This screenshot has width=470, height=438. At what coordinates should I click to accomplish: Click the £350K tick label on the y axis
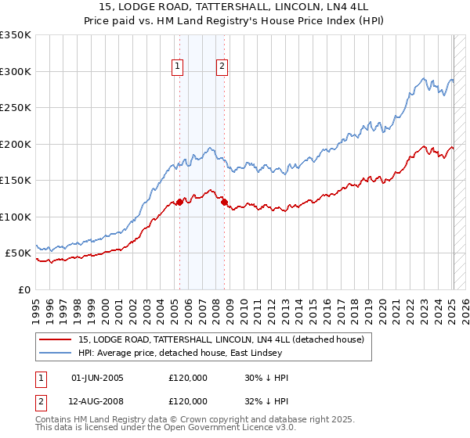point(15,35)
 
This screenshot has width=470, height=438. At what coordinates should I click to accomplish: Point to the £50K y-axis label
point(18,253)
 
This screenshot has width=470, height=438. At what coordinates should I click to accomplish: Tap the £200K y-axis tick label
point(15,144)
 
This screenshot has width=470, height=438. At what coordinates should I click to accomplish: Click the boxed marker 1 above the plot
point(179,66)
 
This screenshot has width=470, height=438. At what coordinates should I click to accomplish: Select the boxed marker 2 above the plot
point(222,66)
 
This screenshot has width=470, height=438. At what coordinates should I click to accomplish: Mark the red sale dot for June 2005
point(179,202)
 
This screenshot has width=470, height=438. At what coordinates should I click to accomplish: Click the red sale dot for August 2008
point(224,202)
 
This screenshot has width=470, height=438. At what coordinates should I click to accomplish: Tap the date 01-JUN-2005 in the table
point(97,378)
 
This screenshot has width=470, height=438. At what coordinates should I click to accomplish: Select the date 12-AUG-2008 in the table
point(98,401)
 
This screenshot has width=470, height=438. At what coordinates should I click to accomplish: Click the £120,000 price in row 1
point(188,378)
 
